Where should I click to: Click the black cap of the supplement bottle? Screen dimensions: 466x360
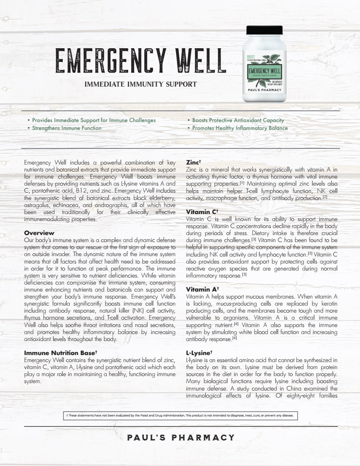(x=264, y=30)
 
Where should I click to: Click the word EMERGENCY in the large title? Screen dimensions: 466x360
(x=111, y=61)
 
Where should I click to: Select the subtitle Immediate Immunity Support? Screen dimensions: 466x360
(x=141, y=85)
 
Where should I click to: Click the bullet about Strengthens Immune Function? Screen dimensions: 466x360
(x=66, y=128)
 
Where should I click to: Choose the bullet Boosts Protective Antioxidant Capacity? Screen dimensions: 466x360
(x=238, y=120)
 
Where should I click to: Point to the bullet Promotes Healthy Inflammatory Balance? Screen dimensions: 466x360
(x=240, y=128)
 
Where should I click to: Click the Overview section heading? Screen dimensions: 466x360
(x=39, y=233)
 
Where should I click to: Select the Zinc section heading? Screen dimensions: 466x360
(x=193, y=162)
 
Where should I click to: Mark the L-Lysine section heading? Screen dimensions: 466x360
(x=199, y=353)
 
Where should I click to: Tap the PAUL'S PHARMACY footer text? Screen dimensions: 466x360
(x=181, y=438)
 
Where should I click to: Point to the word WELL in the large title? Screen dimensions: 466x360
(x=201, y=61)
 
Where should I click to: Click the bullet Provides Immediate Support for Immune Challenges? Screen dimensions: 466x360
(x=94, y=120)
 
